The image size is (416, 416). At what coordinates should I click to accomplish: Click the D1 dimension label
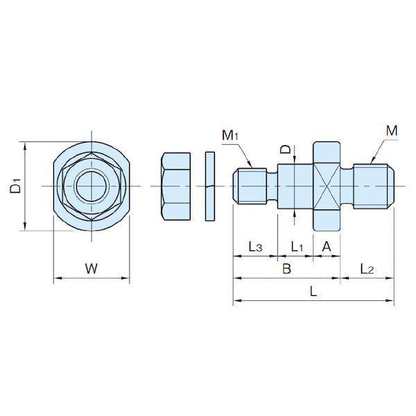pyautogui.click(x=16, y=186)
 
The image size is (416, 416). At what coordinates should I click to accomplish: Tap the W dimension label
pyautogui.click(x=92, y=268)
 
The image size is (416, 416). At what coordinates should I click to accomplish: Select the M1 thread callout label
pyautogui.click(x=230, y=135)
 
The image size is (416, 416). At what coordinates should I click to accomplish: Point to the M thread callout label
pyautogui.click(x=392, y=131)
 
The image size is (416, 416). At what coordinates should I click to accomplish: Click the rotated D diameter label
pyautogui.click(x=286, y=150)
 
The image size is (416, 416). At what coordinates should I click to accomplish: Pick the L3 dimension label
pyautogui.click(x=255, y=246)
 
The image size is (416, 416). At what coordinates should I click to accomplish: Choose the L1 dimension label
pyautogui.click(x=297, y=246)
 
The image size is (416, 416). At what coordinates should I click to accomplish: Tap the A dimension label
pyautogui.click(x=327, y=246)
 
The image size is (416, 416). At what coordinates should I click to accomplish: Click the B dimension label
pyautogui.click(x=286, y=269)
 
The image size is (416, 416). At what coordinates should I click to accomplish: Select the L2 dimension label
pyautogui.click(x=367, y=269)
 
